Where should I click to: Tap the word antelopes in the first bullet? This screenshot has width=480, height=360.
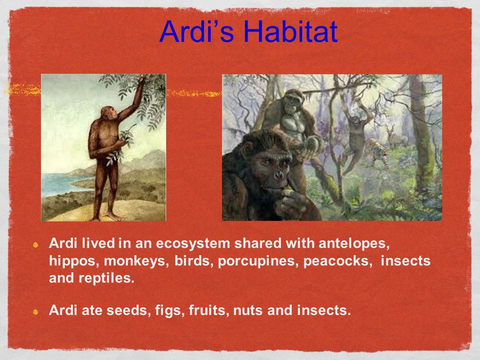click(354, 244)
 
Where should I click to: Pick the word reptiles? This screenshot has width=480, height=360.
click(106, 279)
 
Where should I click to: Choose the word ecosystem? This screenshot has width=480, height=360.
click(193, 244)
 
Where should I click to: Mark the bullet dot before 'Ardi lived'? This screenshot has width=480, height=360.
click(36, 245)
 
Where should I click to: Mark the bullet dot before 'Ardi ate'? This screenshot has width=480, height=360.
click(36, 312)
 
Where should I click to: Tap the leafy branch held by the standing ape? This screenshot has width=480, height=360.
click(121, 145)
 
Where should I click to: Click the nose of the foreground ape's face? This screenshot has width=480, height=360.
click(279, 175)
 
